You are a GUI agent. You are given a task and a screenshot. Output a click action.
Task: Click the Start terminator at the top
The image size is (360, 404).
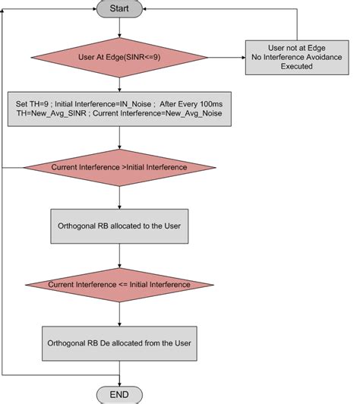click(x=120, y=10)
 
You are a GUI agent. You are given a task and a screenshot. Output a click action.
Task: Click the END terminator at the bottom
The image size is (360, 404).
click(x=120, y=393)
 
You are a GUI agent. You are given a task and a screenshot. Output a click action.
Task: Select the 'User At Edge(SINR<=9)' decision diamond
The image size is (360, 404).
click(x=120, y=56)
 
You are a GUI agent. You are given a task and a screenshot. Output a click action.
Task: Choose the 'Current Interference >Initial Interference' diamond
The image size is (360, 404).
click(x=120, y=167)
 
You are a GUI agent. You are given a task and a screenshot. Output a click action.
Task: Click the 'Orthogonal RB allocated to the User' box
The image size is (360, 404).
click(x=120, y=226)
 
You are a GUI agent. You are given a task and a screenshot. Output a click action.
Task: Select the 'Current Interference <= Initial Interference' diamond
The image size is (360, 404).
click(x=120, y=284)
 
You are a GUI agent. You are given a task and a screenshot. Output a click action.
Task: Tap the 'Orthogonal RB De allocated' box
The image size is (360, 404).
click(x=120, y=343)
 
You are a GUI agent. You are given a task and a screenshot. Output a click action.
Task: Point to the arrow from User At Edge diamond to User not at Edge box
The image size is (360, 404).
click(x=229, y=56)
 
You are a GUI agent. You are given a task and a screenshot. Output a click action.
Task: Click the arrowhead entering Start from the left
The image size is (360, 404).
click(x=93, y=10)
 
